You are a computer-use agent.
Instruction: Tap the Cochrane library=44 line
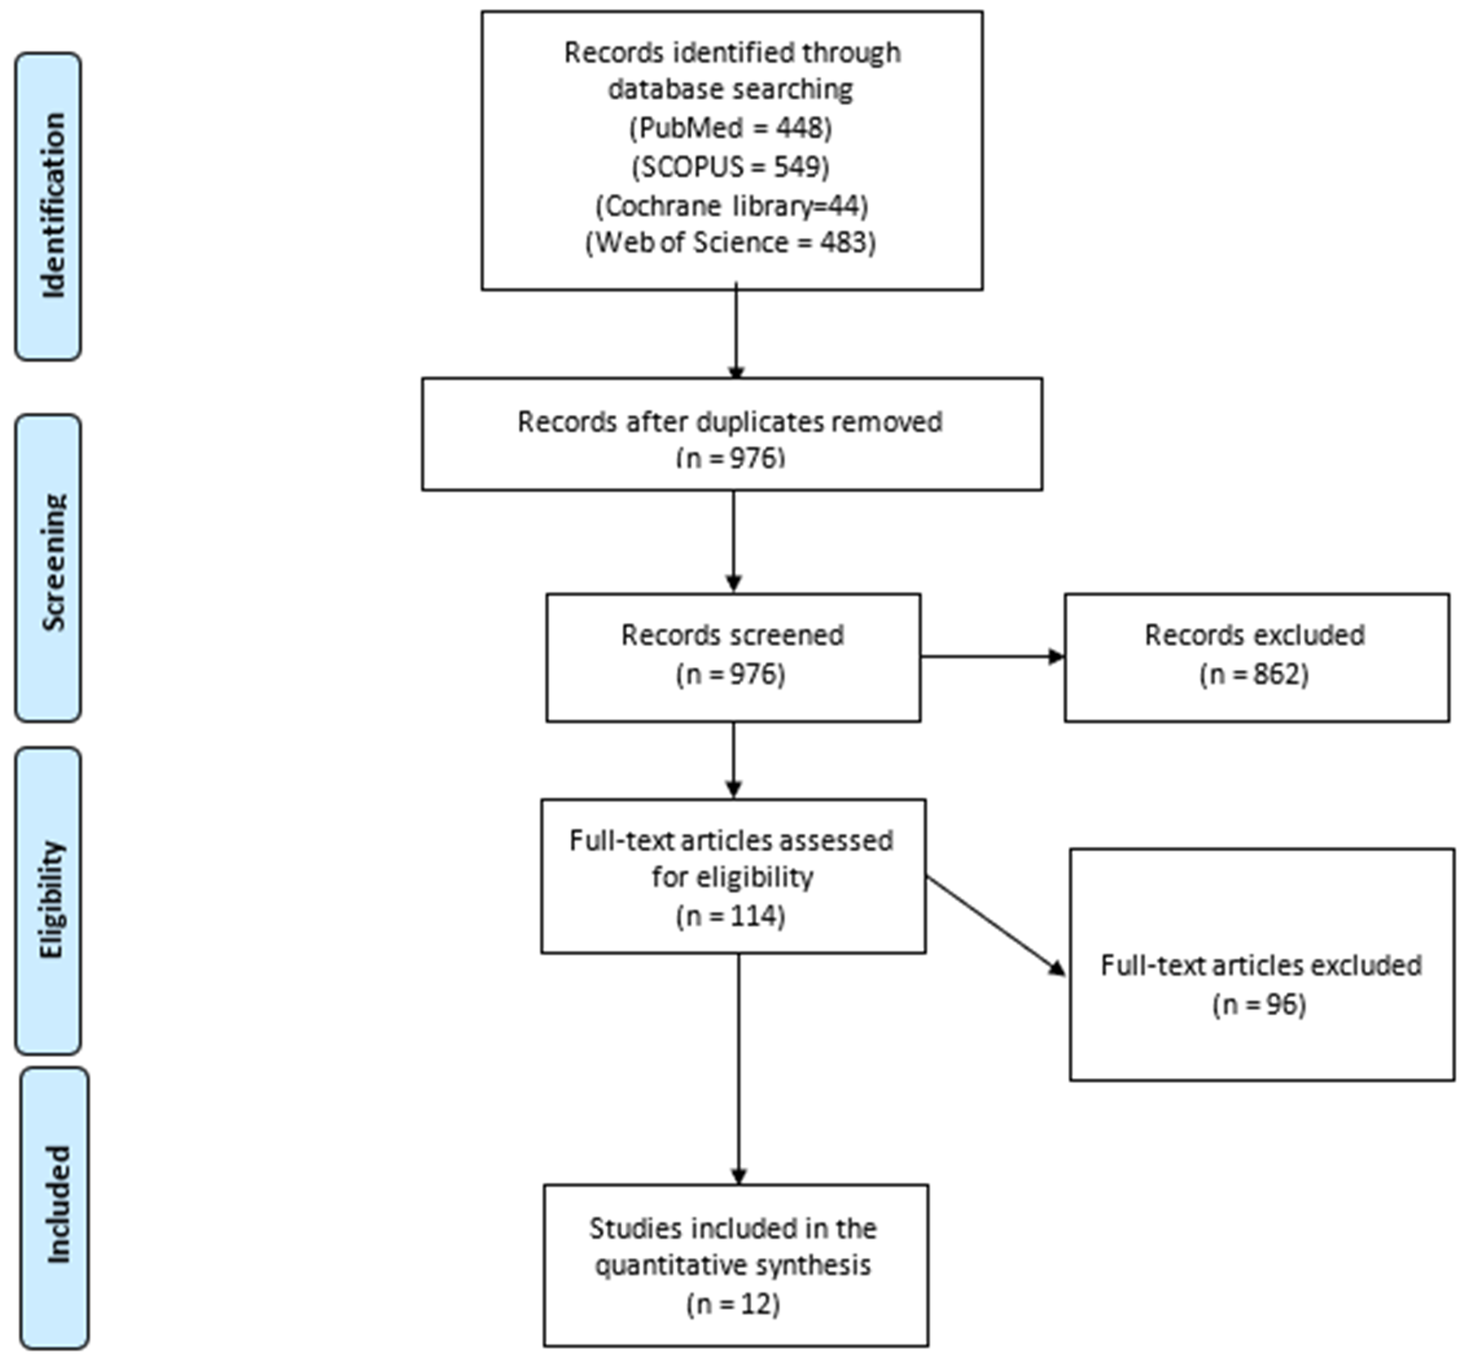[731, 206]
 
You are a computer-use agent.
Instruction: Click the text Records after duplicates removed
[730, 421]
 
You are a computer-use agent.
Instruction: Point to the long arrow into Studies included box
[738, 1069]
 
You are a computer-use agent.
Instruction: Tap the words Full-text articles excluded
[1261, 965]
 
